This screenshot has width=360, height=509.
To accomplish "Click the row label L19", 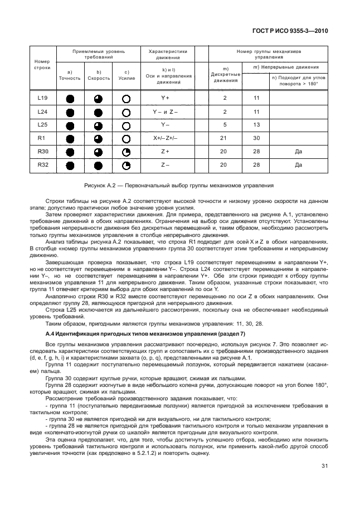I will (x=42, y=98).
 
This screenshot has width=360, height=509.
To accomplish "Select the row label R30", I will (x=42, y=151).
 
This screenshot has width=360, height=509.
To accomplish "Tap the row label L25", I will (x=42, y=124).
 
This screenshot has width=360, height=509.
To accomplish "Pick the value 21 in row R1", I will (x=225, y=138).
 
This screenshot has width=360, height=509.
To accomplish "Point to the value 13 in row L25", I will (x=256, y=124).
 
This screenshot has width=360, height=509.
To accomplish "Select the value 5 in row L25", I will (x=225, y=124).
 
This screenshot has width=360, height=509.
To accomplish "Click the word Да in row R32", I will (x=298, y=164).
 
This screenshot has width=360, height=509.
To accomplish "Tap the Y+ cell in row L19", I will (x=164, y=98).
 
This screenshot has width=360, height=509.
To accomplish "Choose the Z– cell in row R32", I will (x=164, y=164).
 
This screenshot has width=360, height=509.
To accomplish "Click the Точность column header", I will (x=70, y=78).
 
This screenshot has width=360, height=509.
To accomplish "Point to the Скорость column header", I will (x=98, y=78).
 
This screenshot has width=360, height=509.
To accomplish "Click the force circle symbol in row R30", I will (x=127, y=152).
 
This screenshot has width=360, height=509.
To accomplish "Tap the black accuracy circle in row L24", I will (x=70, y=112).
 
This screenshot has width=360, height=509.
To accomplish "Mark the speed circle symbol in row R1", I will (x=98, y=138).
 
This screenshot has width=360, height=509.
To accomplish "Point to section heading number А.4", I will (x=50, y=333).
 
